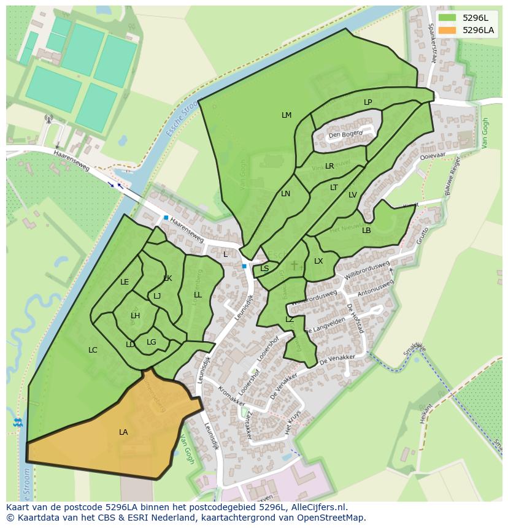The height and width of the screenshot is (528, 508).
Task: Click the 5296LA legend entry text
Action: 478,29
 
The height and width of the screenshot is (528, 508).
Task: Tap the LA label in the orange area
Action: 123,432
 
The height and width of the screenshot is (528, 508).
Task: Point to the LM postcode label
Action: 287,115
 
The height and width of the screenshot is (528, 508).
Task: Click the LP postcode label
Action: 368,102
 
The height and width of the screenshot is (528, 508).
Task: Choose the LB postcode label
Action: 366,231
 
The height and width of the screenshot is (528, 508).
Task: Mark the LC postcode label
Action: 93,350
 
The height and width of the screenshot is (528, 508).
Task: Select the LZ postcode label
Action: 290,319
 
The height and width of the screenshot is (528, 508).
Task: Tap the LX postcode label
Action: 318,261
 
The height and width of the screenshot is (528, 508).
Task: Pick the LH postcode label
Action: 135,316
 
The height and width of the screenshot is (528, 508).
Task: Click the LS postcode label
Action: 264,269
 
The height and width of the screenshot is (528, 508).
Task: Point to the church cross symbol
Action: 294,265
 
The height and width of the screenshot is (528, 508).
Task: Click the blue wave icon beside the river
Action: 17,423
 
